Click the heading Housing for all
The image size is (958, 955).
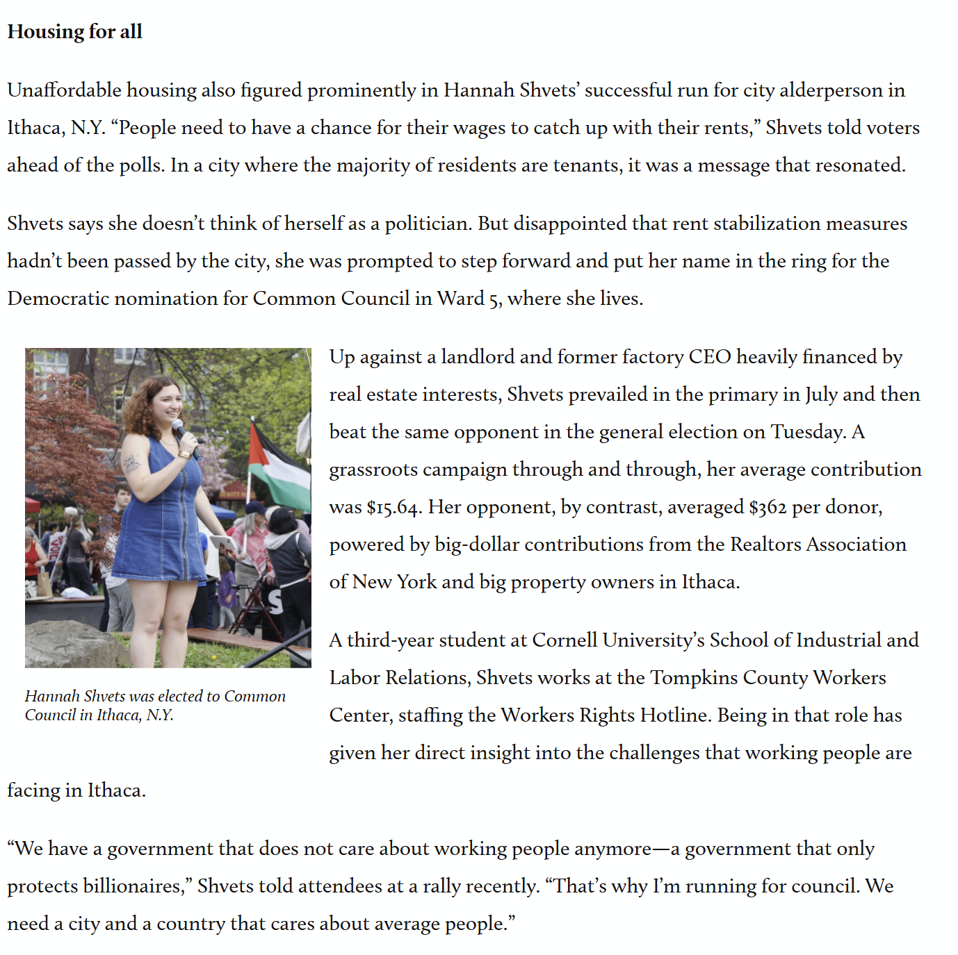[75, 32]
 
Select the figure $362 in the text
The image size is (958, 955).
[768, 507]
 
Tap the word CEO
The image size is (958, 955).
[710, 357]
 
